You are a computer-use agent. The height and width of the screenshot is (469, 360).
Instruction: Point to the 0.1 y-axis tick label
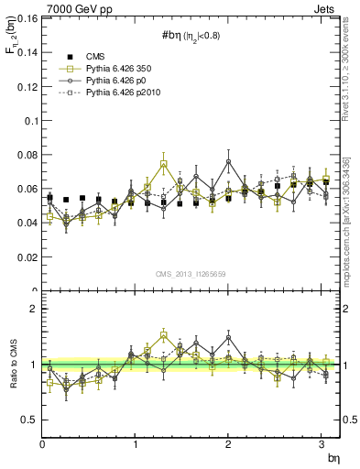point(27,120)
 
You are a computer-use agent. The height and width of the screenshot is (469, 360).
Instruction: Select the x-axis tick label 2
point(228,444)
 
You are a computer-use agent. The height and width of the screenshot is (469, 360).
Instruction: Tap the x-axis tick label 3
point(322,444)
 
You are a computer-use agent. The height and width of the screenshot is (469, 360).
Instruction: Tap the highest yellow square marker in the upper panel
point(163,165)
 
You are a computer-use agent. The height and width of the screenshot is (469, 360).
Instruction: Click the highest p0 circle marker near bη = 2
point(228,161)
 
